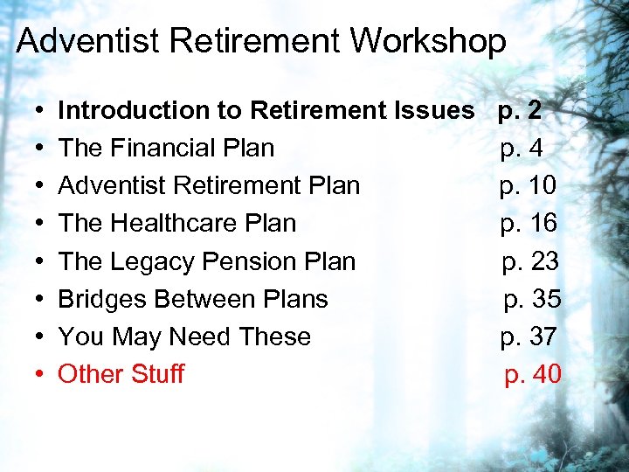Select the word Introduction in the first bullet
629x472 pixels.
[x=120, y=110]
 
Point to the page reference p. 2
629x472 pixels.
[x=520, y=110]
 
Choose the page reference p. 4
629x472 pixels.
[x=522, y=149]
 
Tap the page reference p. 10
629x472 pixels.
[x=528, y=185]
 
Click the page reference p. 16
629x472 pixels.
[x=529, y=223]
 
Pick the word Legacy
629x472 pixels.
[x=156, y=261]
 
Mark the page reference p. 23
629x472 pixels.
[x=530, y=261]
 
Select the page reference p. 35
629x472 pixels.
[x=533, y=299]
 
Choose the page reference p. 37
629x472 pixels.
[x=529, y=337]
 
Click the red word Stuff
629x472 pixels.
[x=157, y=374]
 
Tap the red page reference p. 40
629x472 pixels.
[x=533, y=374]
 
